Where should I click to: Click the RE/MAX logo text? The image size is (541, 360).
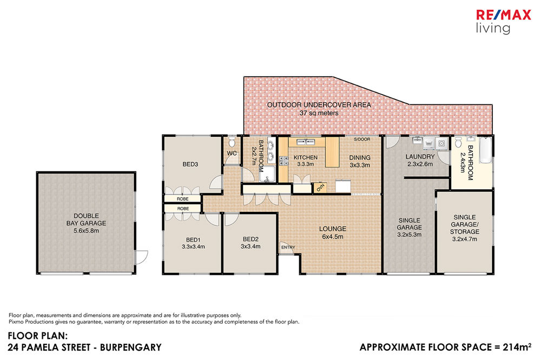tap(503, 15)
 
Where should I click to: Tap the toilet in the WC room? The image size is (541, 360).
tap(232, 141)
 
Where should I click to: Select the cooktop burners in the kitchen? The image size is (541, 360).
tap(283, 161)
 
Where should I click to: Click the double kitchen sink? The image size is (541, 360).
tap(306, 142)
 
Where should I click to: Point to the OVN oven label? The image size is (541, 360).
tap(320, 188)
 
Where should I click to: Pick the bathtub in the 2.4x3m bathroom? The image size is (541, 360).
tap(486, 150)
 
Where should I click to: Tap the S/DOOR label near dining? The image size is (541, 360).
tap(362, 139)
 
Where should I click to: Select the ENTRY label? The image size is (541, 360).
tap(288, 247)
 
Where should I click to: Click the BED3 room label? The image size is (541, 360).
tap(190, 164)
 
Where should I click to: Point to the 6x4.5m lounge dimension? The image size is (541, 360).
tap(333, 237)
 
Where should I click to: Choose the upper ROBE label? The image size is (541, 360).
tap(182, 199)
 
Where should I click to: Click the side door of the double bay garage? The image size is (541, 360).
tap(141, 257)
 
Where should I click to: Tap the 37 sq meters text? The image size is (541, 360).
tap(319, 113)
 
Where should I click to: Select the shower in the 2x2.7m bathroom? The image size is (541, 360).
tap(267, 174)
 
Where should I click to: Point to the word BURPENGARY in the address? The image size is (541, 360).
tap(131, 347)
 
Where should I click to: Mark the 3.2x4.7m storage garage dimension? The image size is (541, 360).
tap(464, 239)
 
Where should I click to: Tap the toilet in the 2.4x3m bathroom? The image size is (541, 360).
tap(458, 142)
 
